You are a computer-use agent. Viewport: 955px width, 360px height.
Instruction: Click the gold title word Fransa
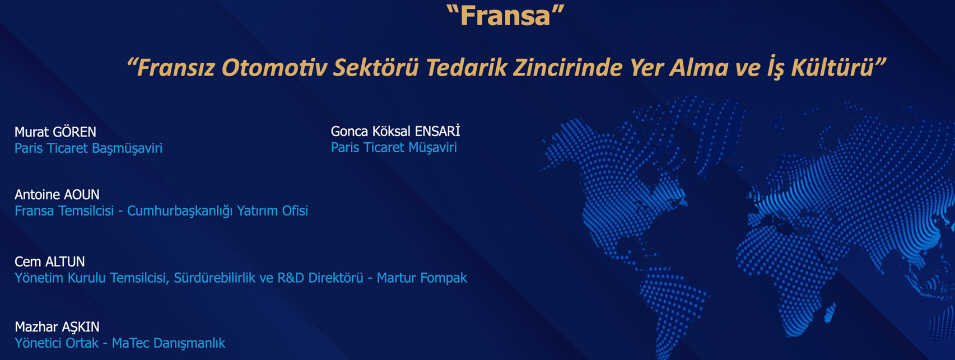pos(506,16)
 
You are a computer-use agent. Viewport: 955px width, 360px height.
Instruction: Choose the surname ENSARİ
pos(437,131)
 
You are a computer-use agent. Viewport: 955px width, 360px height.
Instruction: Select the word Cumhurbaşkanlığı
pos(180,211)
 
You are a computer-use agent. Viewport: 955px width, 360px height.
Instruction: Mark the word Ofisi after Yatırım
pos(295,211)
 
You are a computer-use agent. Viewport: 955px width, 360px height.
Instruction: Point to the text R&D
pos(291,278)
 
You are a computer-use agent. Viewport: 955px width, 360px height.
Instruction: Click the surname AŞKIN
pos(81,327)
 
